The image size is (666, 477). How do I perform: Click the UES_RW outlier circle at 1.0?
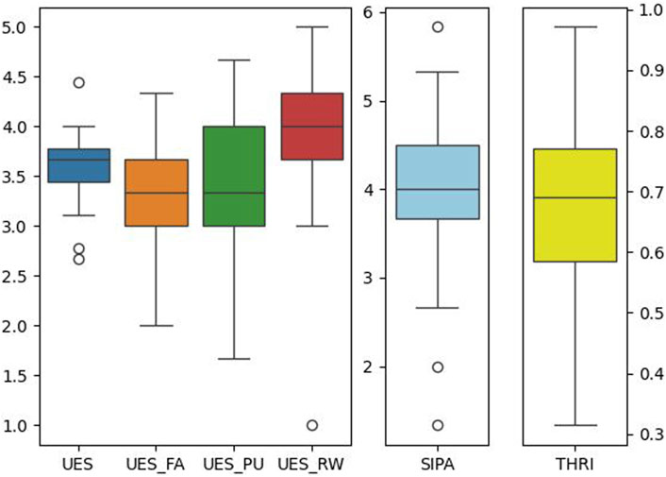click(x=312, y=425)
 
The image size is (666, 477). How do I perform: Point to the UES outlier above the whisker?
click(x=79, y=82)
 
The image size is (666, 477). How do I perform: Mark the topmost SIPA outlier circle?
click(x=438, y=26)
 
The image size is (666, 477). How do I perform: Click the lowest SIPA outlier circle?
click(x=438, y=425)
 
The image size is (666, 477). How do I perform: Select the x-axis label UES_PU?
click(x=235, y=465)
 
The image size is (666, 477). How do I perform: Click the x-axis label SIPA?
click(x=438, y=465)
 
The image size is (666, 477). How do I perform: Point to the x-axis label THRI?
click(x=574, y=465)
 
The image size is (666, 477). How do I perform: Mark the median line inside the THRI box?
click(x=574, y=197)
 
